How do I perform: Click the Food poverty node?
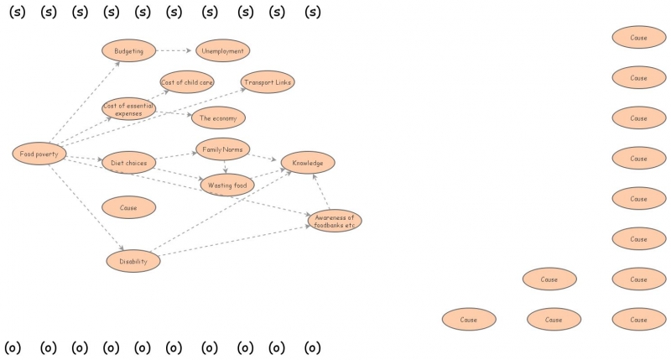(39, 154)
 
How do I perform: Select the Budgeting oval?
(129, 50)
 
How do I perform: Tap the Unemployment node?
(222, 50)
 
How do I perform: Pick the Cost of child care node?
(187, 82)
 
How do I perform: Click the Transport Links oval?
(268, 82)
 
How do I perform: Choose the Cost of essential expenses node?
(129, 108)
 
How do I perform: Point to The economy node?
(218, 118)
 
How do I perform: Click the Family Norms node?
(222, 149)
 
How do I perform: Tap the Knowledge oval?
(308, 162)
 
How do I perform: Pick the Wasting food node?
(226, 185)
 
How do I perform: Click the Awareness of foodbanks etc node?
(335, 221)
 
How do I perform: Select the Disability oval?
(133, 261)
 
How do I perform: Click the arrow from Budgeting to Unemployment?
(175, 50)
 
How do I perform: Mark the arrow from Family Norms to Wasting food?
(225, 166)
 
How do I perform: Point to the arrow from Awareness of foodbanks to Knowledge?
(322, 192)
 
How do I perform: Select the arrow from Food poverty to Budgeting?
(84, 102)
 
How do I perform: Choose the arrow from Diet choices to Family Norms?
(176, 156)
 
